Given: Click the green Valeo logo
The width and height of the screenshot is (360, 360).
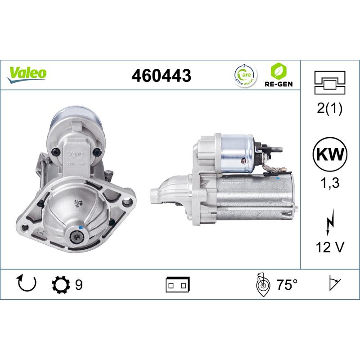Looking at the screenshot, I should coord(27,72).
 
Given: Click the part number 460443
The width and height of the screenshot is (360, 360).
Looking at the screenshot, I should coord(161,76).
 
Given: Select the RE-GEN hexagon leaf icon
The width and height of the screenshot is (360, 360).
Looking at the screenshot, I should coord(278,71).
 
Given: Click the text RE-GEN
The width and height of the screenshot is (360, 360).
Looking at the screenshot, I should coord(278,84).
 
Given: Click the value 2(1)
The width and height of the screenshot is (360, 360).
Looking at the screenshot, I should coord(330,109).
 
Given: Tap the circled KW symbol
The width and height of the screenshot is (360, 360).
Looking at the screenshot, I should coord(330,156).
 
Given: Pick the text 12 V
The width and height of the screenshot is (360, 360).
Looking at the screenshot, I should coord(330,247).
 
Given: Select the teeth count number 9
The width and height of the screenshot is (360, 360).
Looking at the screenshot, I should coord(78,285).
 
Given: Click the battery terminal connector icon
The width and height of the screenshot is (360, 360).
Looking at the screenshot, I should coord(178,285).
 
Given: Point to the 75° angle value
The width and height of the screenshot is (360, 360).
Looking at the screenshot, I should coord(287,285).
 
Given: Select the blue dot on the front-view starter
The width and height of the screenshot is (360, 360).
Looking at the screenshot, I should coord(81,227).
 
